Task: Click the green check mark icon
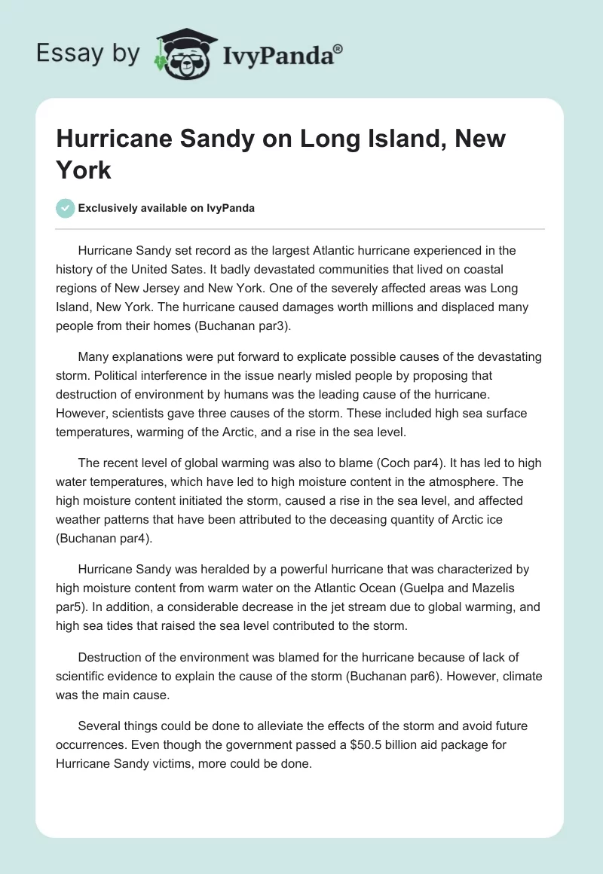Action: tap(66, 208)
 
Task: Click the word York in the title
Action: tap(84, 170)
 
